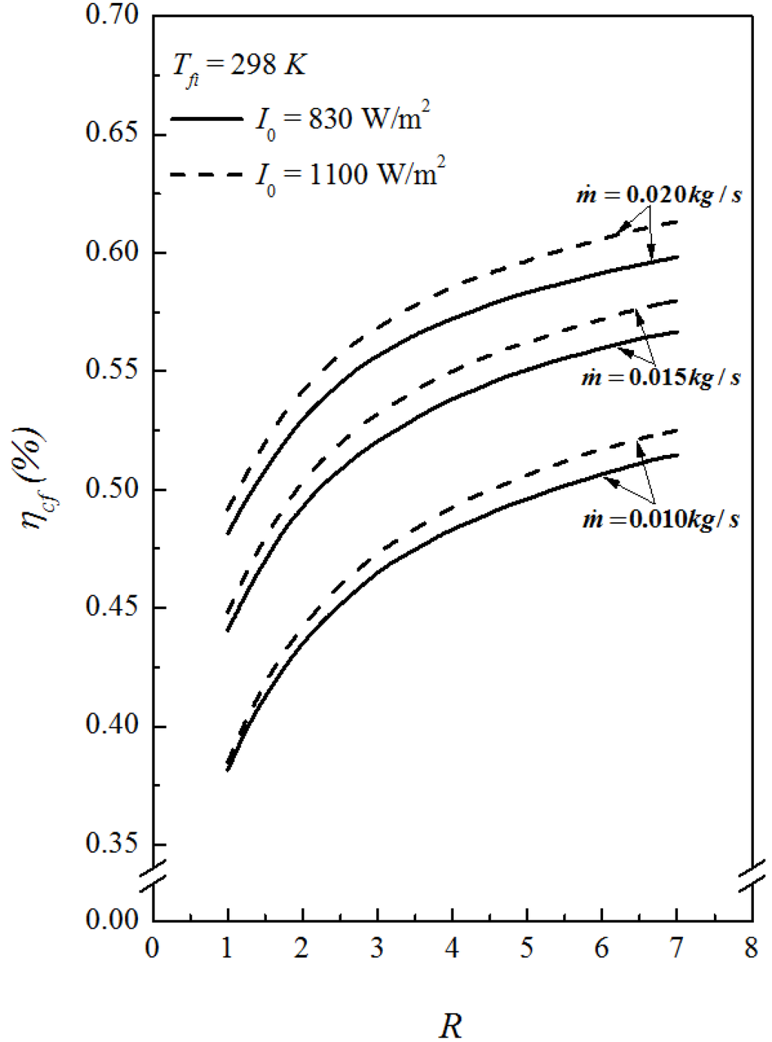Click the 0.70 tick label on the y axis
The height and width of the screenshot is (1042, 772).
pyautogui.click(x=112, y=15)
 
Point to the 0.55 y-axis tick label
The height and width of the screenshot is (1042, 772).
pyautogui.click(x=112, y=370)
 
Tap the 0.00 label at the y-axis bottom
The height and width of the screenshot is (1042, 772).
pyautogui.click(x=112, y=920)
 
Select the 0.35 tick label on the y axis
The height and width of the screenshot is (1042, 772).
pyautogui.click(x=112, y=844)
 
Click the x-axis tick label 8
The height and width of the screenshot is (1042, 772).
pyautogui.click(x=751, y=948)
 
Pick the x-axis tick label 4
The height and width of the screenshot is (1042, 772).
pyautogui.click(x=452, y=948)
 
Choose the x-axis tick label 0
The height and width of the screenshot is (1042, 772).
pyautogui.click(x=152, y=948)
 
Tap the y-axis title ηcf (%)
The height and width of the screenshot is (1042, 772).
pyautogui.click(x=34, y=479)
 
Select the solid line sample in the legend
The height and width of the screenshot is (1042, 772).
pyautogui.click(x=207, y=119)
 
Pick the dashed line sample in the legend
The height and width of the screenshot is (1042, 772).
pyautogui.click(x=207, y=175)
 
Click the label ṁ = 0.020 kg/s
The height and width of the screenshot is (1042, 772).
pyautogui.click(x=658, y=195)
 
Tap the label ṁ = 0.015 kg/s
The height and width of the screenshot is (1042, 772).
pyautogui.click(x=660, y=377)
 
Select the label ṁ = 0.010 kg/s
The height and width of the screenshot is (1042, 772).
pyautogui.click(x=660, y=519)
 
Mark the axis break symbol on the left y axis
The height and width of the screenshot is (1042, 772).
pyautogui.click(x=153, y=875)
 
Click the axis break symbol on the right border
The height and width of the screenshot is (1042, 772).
pyautogui.click(x=752, y=875)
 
